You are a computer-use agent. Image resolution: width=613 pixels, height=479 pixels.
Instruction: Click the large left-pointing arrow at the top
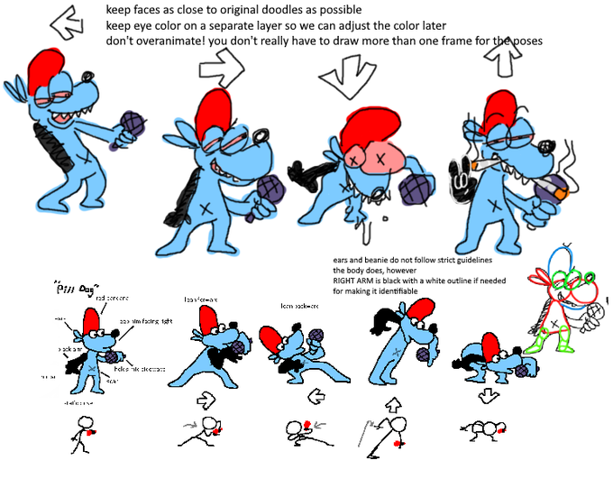[67, 23]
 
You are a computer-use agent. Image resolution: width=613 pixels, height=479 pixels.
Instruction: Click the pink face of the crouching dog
[372, 154]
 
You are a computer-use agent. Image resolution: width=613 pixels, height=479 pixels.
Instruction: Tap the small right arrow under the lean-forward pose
[206, 397]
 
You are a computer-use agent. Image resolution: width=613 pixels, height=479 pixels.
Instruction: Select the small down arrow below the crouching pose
[488, 397]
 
